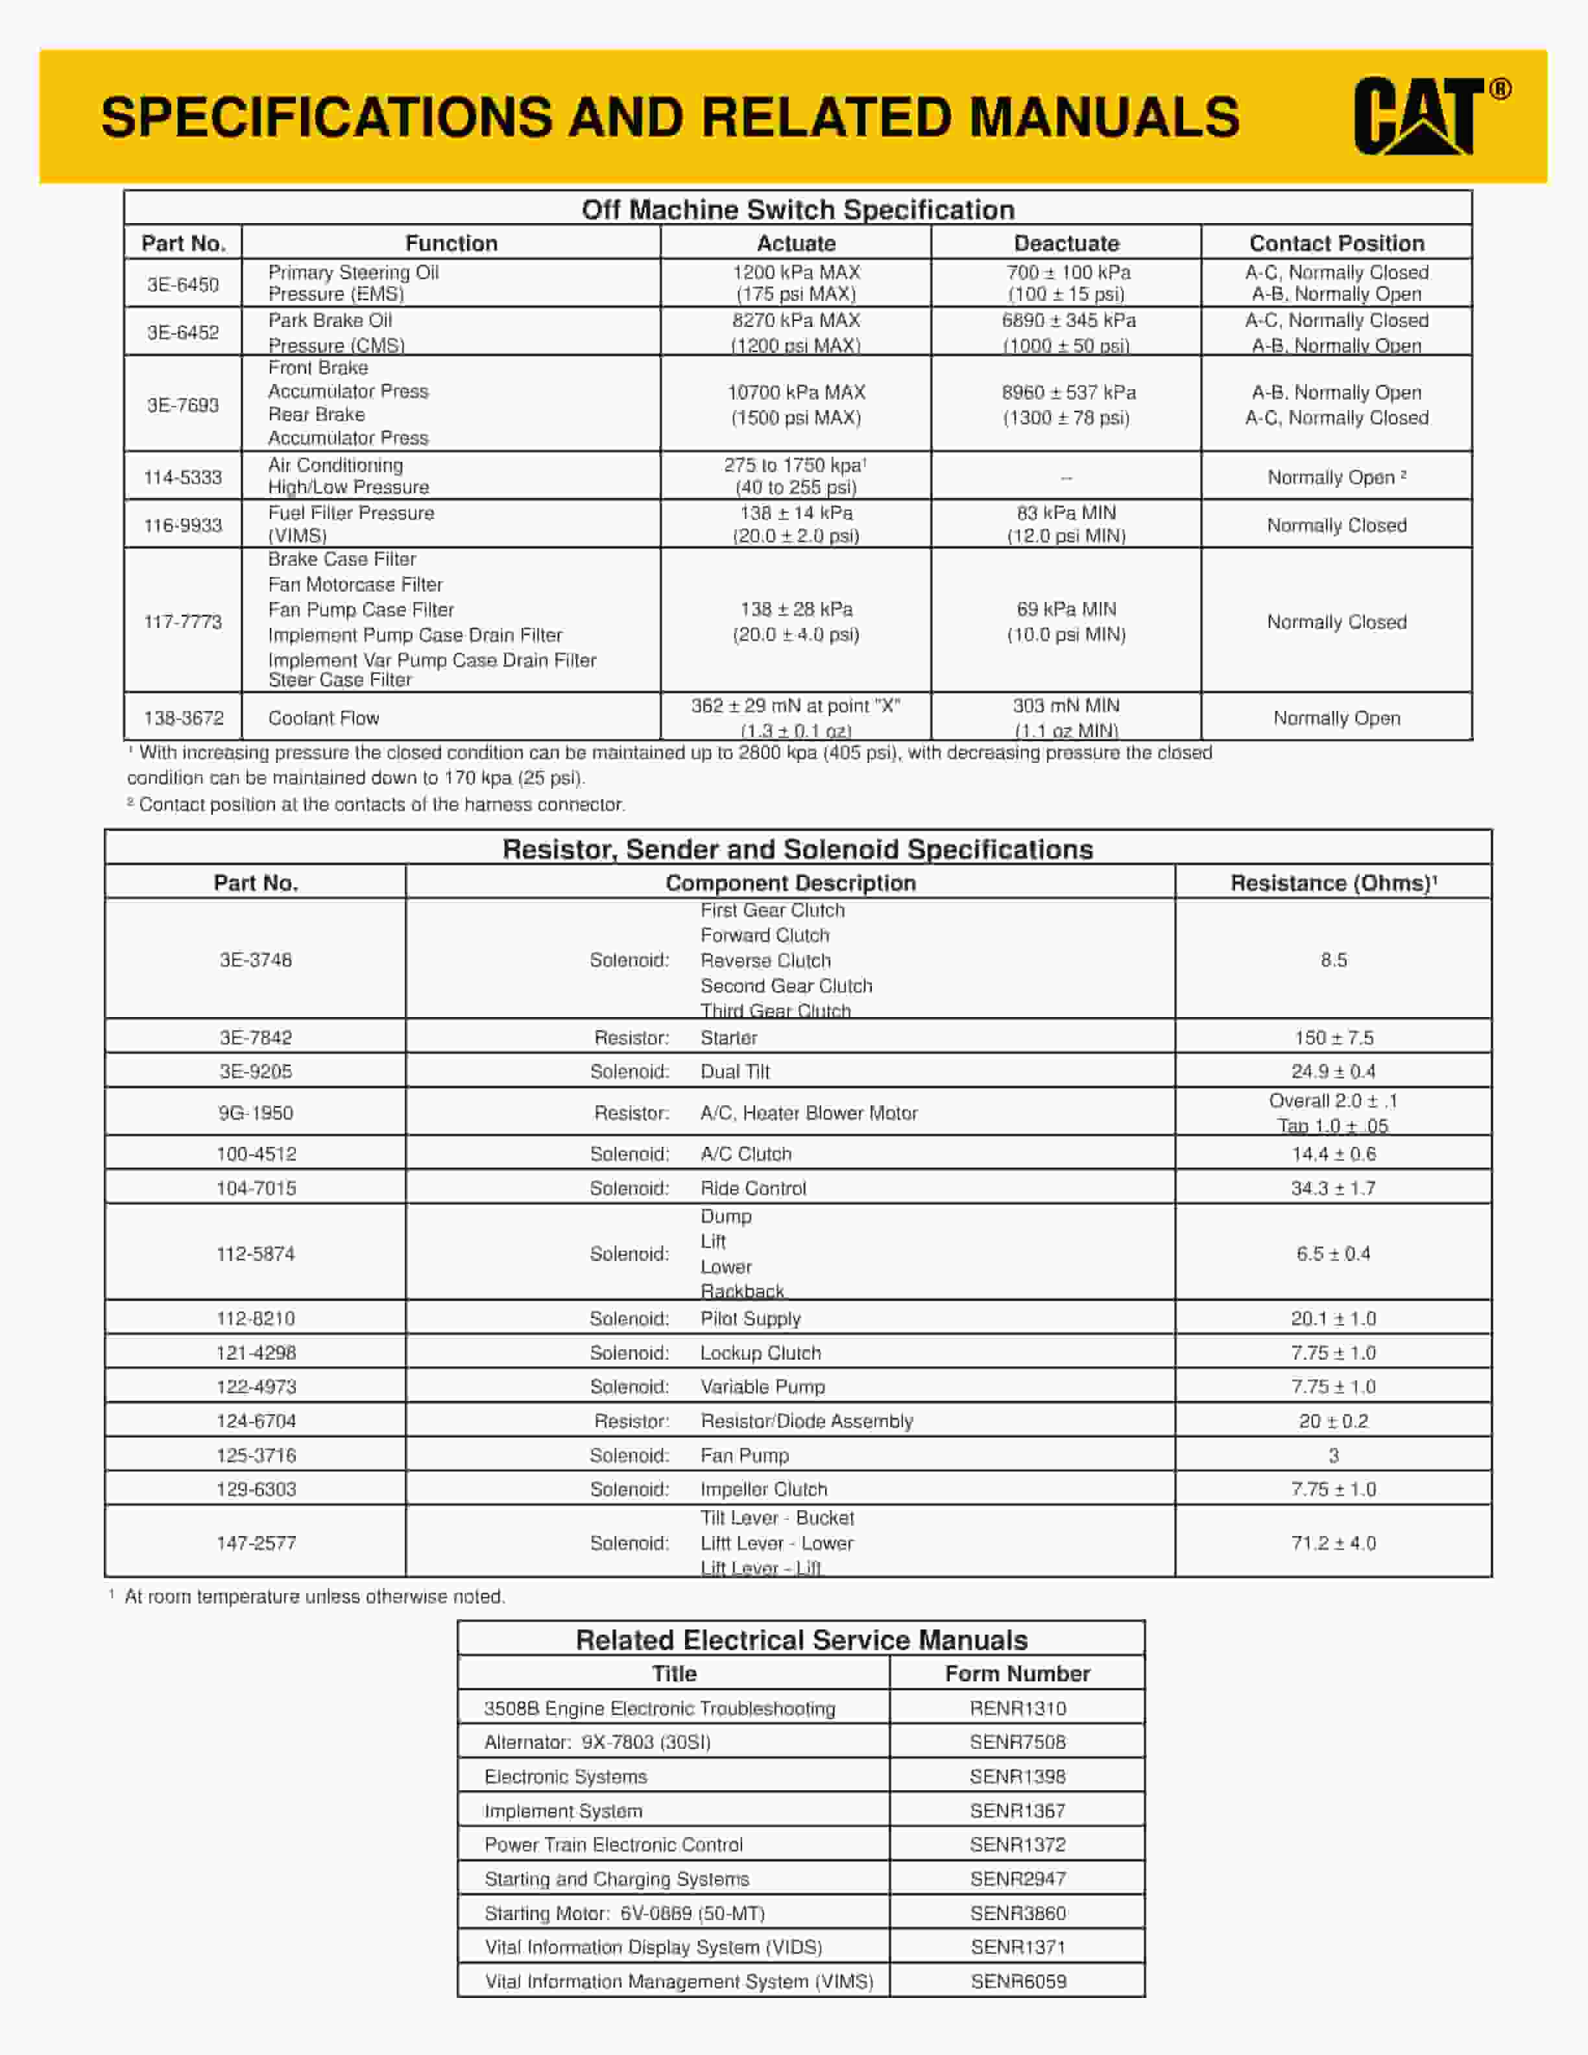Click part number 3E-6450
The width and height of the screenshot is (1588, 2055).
click(182, 284)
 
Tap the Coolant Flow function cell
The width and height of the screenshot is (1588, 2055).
click(324, 718)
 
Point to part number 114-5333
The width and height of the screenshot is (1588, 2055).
click(182, 477)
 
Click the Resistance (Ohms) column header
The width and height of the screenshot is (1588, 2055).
click(1332, 883)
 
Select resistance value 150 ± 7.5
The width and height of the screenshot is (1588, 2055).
click(1333, 1038)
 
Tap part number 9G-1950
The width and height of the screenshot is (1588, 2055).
click(256, 1113)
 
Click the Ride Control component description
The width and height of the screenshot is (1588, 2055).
click(752, 1188)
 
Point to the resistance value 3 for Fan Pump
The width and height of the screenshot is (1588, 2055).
click(1333, 1456)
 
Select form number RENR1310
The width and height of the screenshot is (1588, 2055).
click(1017, 1709)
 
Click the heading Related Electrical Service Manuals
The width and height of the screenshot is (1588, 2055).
click(802, 1640)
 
